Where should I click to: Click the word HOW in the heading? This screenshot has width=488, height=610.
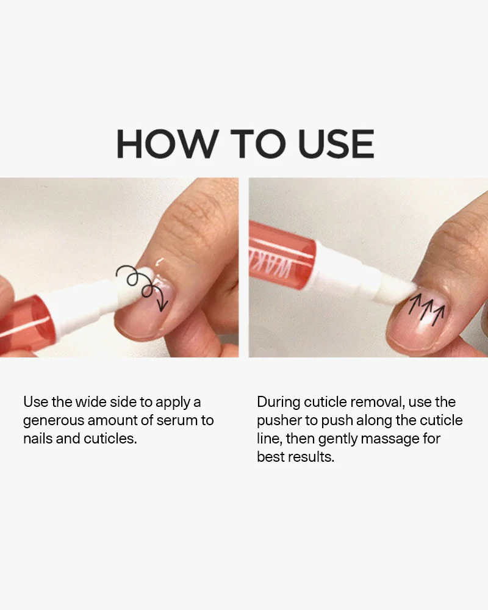point(167,143)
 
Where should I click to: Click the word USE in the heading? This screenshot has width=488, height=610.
point(336,143)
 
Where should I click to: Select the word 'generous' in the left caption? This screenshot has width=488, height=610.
point(52,420)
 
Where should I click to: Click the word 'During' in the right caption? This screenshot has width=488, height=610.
point(278,402)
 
